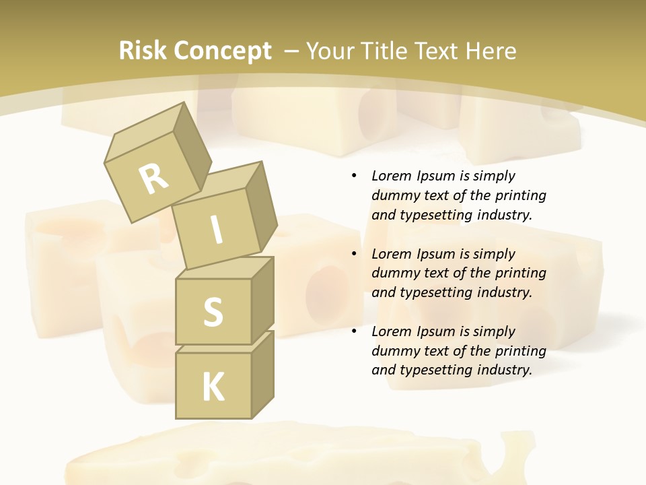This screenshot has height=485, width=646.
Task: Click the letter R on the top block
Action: click(x=153, y=179)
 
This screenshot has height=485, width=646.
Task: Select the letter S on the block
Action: click(x=213, y=311)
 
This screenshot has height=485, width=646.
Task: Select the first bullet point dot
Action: click(x=354, y=176)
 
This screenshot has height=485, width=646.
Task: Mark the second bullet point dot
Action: click(x=354, y=254)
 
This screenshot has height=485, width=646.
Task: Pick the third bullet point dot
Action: click(x=354, y=331)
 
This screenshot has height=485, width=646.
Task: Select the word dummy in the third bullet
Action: click(x=394, y=351)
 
